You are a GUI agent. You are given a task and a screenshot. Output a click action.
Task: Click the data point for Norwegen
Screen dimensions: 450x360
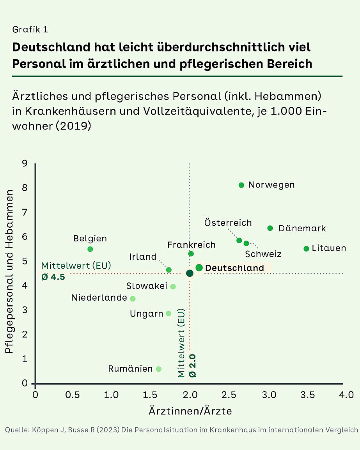click(x=241, y=185)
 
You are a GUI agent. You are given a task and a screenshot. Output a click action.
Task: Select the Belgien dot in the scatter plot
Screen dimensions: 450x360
click(x=90, y=249)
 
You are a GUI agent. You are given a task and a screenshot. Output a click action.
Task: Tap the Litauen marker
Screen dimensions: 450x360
click(x=306, y=249)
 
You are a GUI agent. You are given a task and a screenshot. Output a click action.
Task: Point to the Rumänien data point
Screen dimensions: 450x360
click(x=158, y=369)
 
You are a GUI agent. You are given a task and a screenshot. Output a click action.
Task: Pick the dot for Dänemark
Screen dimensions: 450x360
click(x=270, y=228)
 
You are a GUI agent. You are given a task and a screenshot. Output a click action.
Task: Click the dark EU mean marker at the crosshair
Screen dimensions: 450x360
click(x=190, y=273)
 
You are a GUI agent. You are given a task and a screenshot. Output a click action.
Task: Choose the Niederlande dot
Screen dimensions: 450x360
click(x=133, y=299)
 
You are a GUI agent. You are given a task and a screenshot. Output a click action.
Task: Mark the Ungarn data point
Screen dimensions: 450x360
click(x=168, y=314)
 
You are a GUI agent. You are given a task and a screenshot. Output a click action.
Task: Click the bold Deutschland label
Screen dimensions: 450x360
click(x=234, y=268)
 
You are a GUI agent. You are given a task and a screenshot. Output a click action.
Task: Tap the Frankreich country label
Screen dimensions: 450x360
click(x=191, y=245)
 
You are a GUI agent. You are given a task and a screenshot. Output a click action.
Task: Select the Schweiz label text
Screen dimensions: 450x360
click(x=263, y=254)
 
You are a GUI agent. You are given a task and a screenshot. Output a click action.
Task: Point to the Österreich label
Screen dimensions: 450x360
click(x=228, y=223)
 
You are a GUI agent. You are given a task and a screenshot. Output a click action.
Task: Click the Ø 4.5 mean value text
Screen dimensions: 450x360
click(x=53, y=277)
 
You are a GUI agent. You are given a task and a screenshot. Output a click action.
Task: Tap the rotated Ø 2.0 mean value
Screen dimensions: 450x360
click(x=192, y=365)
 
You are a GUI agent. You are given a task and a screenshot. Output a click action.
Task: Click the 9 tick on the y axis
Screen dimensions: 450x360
click(x=25, y=163)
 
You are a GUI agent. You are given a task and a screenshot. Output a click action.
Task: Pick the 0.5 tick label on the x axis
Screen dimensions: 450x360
click(x=73, y=395)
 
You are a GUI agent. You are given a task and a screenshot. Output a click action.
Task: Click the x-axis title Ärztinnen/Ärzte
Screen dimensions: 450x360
click(x=190, y=411)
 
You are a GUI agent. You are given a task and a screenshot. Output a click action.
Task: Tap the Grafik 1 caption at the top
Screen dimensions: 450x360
click(x=30, y=30)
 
